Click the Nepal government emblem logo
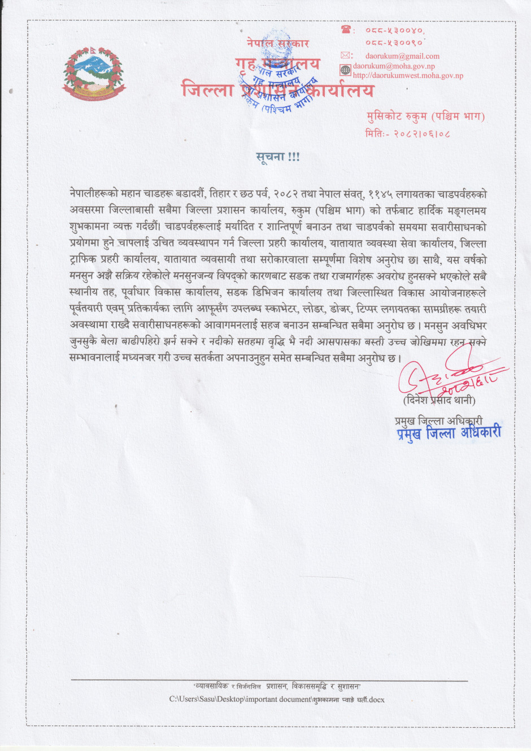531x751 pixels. (x=94, y=74)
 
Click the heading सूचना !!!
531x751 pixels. (x=277, y=157)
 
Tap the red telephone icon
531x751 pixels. (x=346, y=29)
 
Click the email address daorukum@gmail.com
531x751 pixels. (x=402, y=56)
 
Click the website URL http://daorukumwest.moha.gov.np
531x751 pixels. (x=408, y=75)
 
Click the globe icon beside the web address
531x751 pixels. (x=346, y=70)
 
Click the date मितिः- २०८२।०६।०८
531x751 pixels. (x=407, y=134)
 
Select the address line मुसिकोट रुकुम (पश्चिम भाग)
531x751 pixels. (x=425, y=117)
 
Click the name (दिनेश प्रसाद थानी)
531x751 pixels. (x=439, y=400)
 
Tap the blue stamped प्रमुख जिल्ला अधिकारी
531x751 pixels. (x=448, y=433)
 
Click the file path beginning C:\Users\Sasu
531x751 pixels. (x=277, y=700)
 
